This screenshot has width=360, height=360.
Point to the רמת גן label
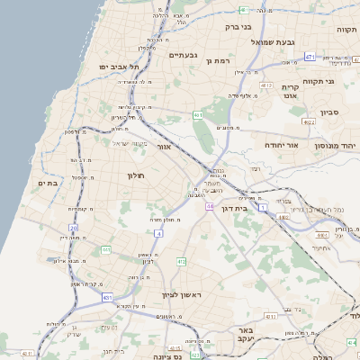click(220, 61)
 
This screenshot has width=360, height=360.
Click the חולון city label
click(137, 176)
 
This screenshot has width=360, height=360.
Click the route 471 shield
click(310, 58)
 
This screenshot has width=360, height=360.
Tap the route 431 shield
click(107, 297)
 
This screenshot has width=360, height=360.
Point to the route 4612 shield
click(267, 85)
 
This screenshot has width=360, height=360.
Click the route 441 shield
click(197, 115)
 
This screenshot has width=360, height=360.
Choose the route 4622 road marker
click(309, 121)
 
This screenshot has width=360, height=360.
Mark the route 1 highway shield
click(263, 208)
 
